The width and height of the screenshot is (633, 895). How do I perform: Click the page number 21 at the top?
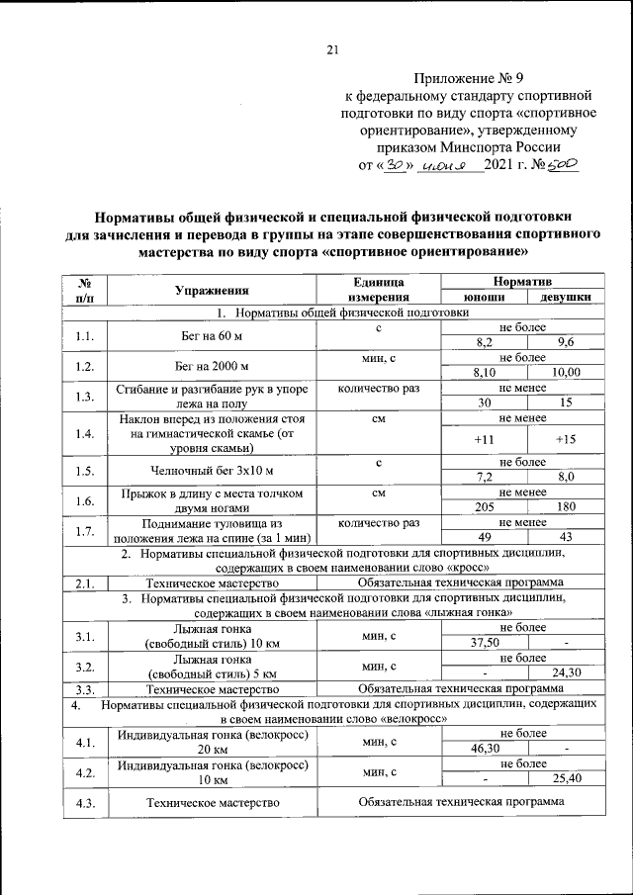pyautogui.click(x=332, y=51)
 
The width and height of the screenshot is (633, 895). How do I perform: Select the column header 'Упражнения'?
pyautogui.click(x=212, y=290)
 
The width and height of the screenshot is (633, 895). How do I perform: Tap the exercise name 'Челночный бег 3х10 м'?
pyautogui.click(x=212, y=469)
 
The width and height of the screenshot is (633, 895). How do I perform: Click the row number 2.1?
pyautogui.click(x=84, y=582)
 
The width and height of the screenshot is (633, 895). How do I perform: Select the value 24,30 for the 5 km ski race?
pyautogui.click(x=566, y=673)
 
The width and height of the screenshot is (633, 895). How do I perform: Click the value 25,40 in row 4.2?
pyautogui.click(x=566, y=777)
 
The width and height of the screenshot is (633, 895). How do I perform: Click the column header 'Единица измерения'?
pyautogui.click(x=378, y=290)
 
